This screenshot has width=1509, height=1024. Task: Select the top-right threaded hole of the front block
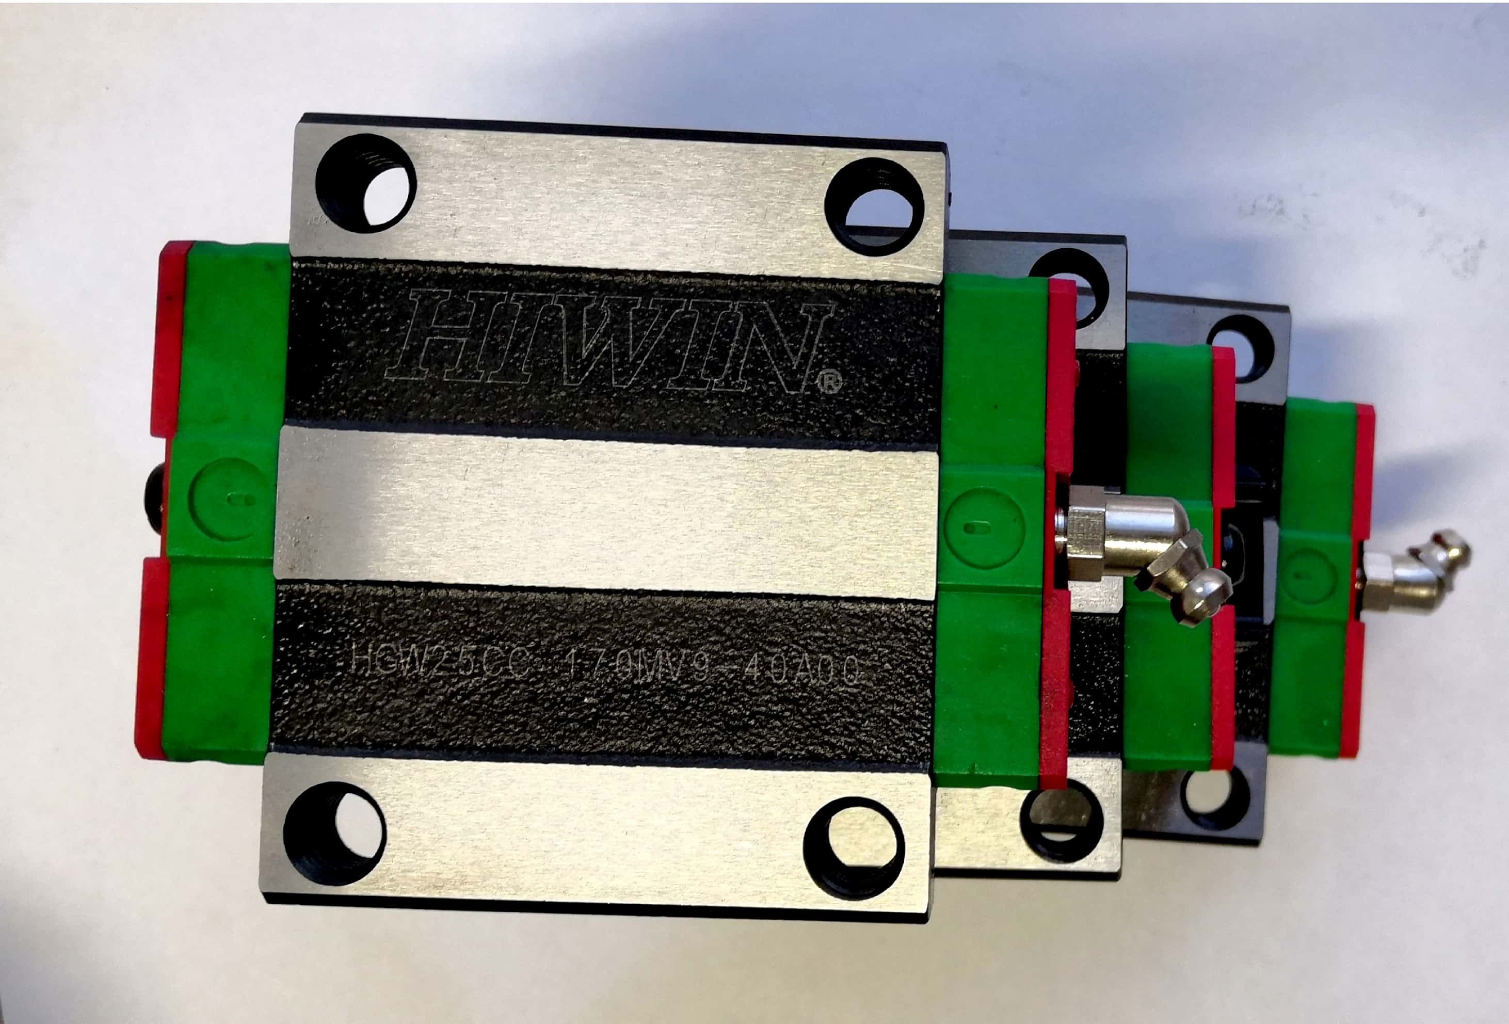tap(874, 206)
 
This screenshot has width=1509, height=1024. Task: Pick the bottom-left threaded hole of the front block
tap(334, 833)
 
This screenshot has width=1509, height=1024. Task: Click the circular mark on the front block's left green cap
tap(231, 499)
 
